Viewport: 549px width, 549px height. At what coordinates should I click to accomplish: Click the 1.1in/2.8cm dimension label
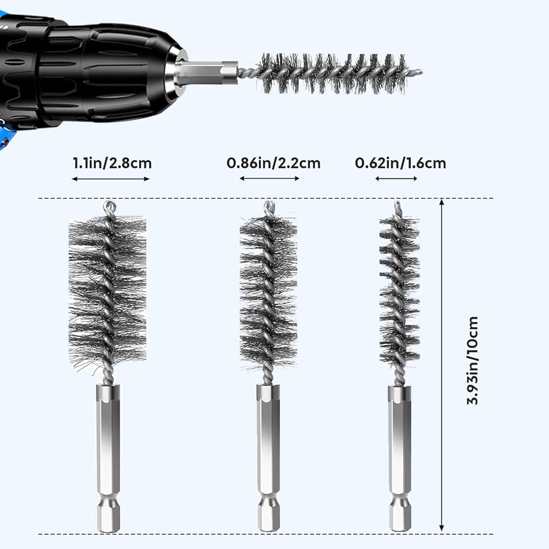pos(111,163)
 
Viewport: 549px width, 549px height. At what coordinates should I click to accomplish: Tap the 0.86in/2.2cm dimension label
pos(273,163)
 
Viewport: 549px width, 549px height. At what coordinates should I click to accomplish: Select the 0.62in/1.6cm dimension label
pos(400,163)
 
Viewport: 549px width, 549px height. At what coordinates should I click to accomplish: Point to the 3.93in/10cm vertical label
pos(473,360)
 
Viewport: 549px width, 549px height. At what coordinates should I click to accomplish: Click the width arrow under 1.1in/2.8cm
pos(111,178)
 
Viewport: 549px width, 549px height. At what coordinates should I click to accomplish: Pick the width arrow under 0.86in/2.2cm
pos(270,178)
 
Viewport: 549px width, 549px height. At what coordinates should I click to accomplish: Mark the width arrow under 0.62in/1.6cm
pos(396,178)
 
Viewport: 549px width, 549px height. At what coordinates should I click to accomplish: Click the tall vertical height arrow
pos(442,365)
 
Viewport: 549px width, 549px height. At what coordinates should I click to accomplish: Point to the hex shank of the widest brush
pos(108,456)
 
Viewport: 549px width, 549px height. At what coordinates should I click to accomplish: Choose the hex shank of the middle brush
pos(268,456)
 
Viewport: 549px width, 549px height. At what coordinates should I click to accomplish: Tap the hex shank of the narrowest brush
pos(400,456)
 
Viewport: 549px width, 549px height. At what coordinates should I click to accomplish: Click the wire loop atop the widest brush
pos(109,207)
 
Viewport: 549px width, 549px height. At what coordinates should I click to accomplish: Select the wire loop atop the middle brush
pos(268,207)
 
